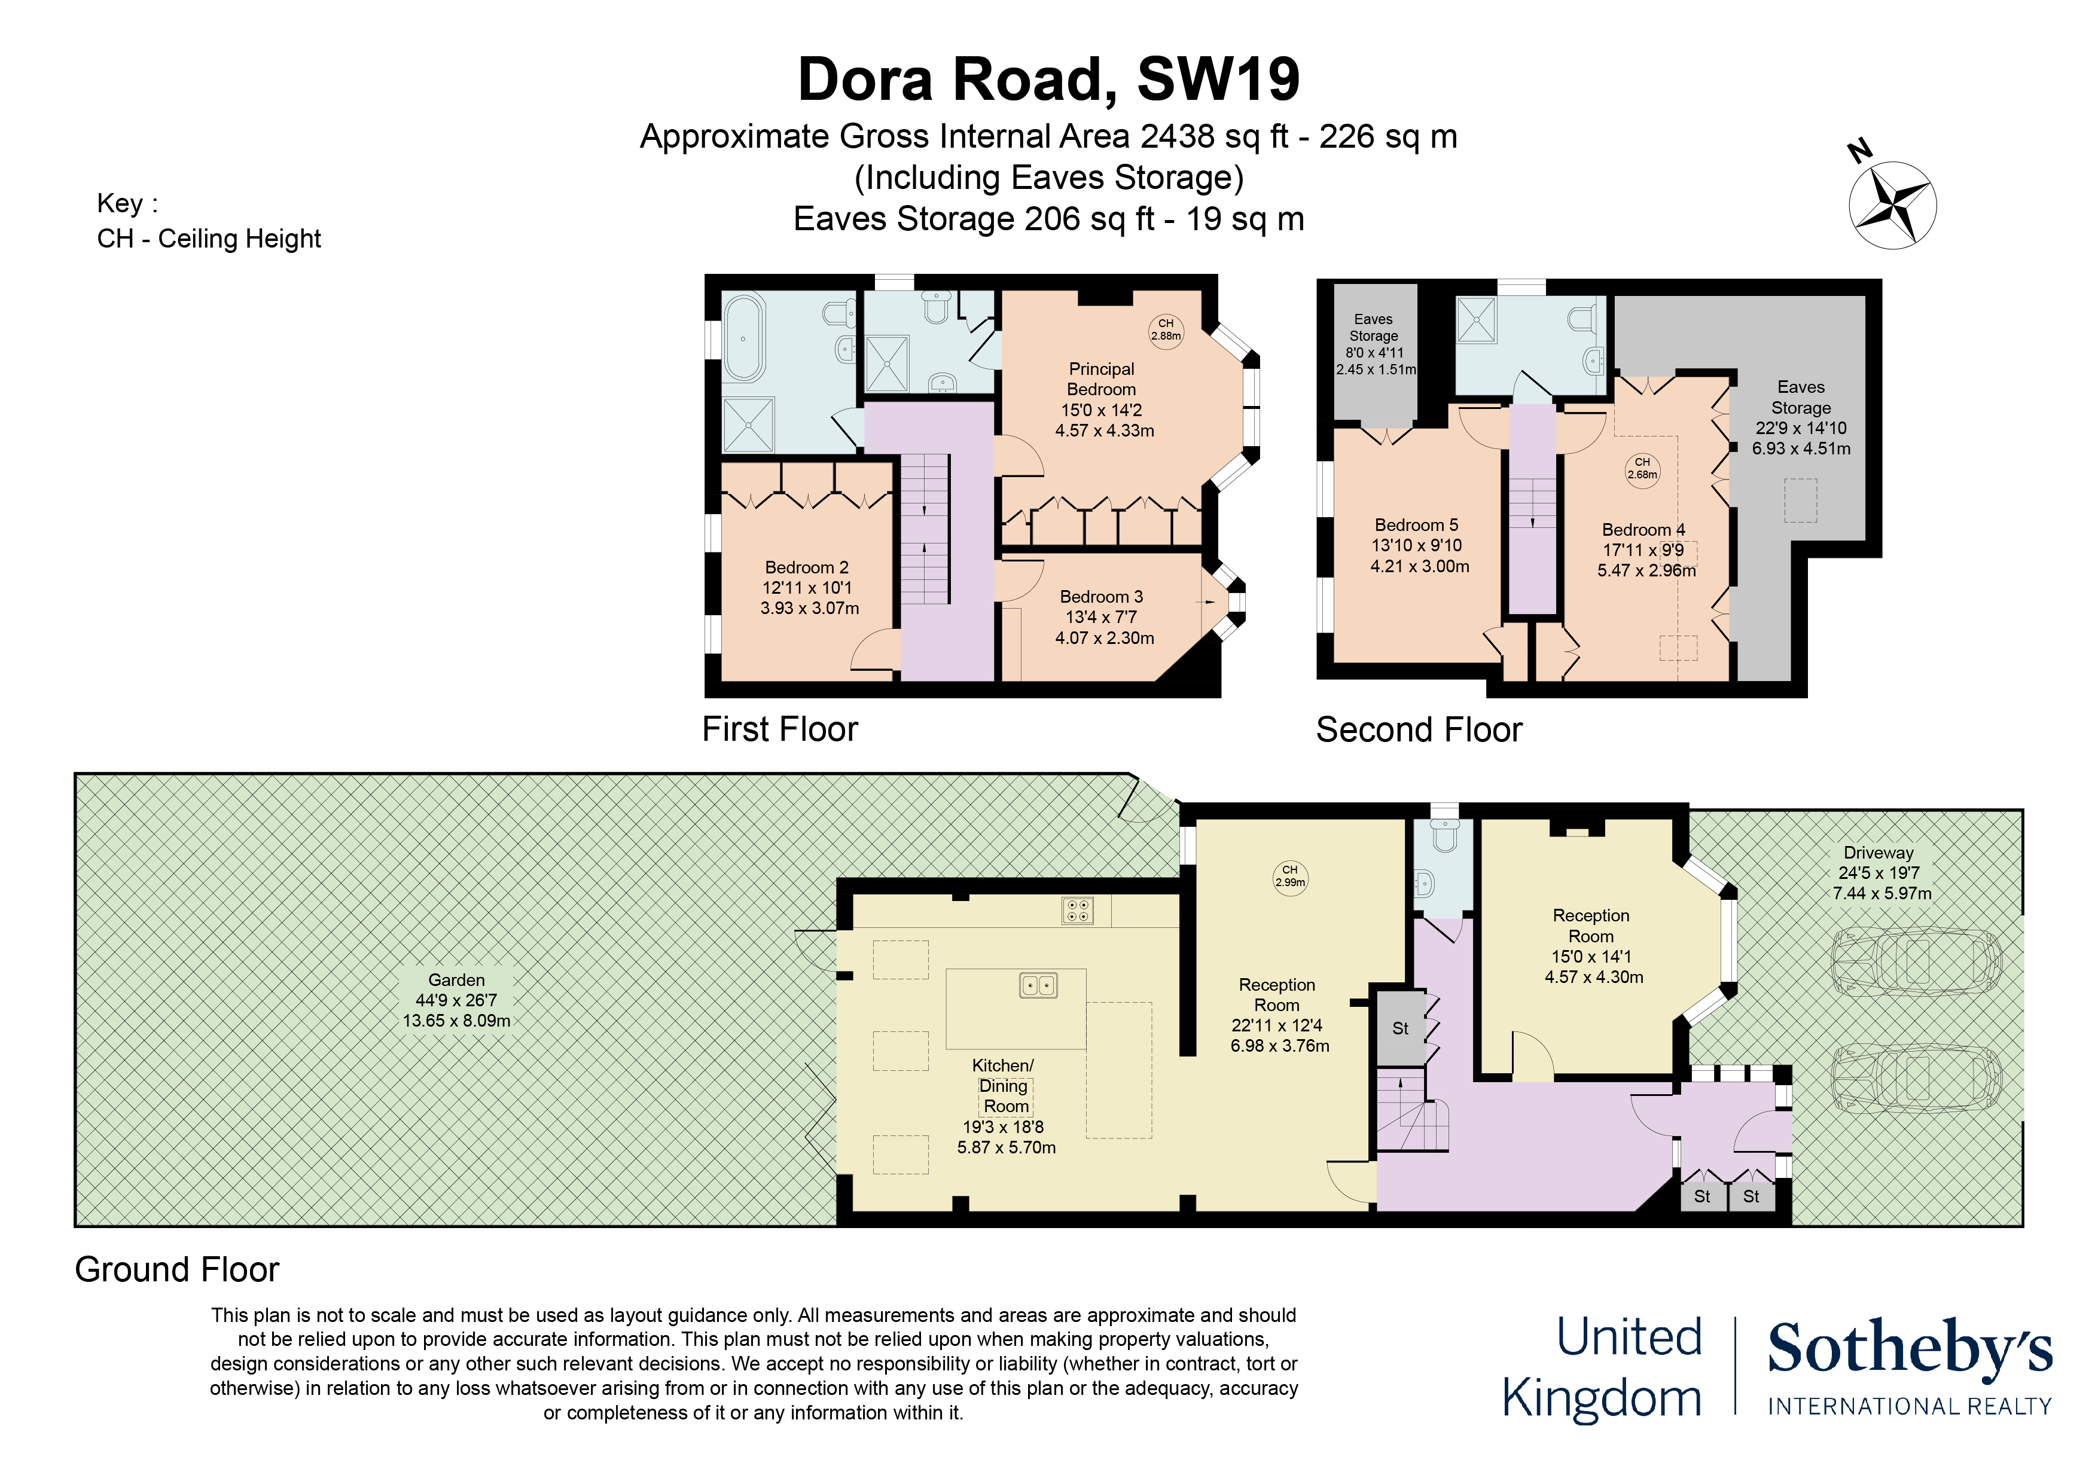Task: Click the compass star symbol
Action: pos(1892,204)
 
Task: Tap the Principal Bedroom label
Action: pos(1102,379)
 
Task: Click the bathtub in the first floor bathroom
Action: pos(744,337)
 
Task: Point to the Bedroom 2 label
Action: pos(807,567)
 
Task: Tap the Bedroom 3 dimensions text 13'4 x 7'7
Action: pos(1101,617)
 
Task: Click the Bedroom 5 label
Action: pos(1416,524)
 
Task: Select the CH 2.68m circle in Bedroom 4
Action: pos(1642,469)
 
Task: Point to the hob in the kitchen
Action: pos(1077,910)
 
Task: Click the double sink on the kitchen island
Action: pos(1038,985)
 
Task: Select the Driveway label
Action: pos(1878,853)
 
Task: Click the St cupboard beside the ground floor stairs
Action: pos(1400,1028)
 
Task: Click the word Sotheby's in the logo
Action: pos(1910,1349)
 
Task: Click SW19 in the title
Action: pos(1218,80)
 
